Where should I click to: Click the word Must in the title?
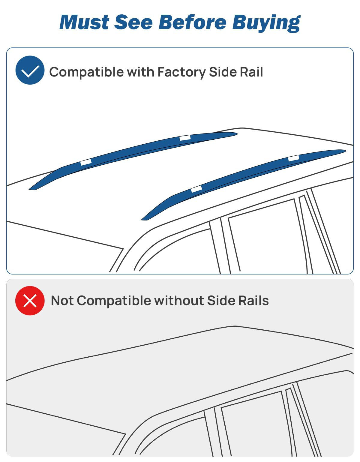(84, 22)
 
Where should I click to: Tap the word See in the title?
(133, 22)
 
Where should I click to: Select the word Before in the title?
(192, 22)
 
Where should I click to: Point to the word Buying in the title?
(266, 23)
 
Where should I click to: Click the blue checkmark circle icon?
(30, 70)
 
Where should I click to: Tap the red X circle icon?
(30, 301)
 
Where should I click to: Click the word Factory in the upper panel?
(181, 72)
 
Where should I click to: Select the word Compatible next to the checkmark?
(86, 72)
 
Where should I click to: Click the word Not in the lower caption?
(62, 301)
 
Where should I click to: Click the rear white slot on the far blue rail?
(185, 138)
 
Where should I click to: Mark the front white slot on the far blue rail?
(86, 162)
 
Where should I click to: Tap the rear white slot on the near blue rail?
(294, 158)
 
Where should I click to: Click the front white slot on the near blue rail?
(196, 189)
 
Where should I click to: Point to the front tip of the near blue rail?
(142, 220)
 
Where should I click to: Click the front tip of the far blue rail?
(29, 189)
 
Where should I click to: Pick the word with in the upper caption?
(141, 72)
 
